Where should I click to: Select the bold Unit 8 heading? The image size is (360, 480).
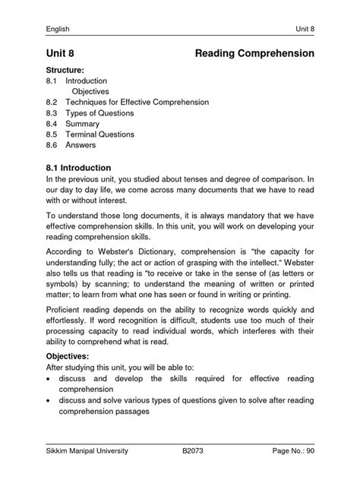[x=63, y=54]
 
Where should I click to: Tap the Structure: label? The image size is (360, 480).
[x=68, y=70]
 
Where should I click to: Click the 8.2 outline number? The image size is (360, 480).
[x=52, y=100]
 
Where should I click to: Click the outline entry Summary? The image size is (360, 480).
[x=84, y=123]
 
